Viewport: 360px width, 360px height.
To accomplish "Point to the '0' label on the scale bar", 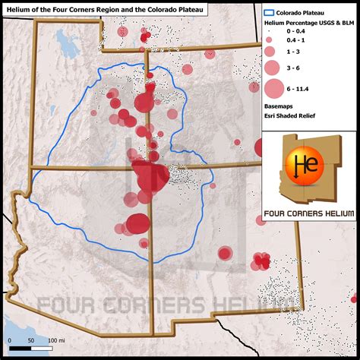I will (x=9, y=339).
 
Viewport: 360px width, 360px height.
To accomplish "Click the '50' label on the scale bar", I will (x=31, y=339).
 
